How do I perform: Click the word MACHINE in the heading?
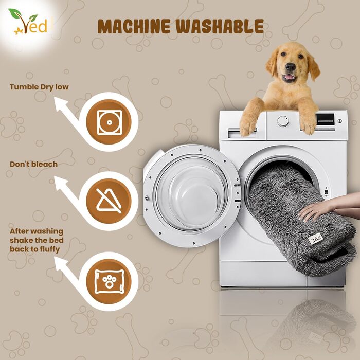tap(134, 26)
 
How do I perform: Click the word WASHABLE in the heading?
tap(220, 26)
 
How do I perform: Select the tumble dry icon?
tap(109, 122)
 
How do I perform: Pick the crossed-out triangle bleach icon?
tap(109, 201)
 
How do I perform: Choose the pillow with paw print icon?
tap(109, 281)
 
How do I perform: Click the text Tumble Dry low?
tap(39, 87)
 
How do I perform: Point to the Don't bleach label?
tap(33, 165)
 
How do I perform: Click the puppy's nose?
tap(290, 67)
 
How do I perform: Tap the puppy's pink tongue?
tap(289, 77)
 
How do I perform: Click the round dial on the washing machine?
tap(283, 121)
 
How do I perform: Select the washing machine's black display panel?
tap(325, 119)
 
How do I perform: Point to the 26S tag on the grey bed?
tap(315, 240)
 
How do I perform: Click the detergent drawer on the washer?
tap(242, 134)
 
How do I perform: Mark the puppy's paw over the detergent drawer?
tap(248, 124)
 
